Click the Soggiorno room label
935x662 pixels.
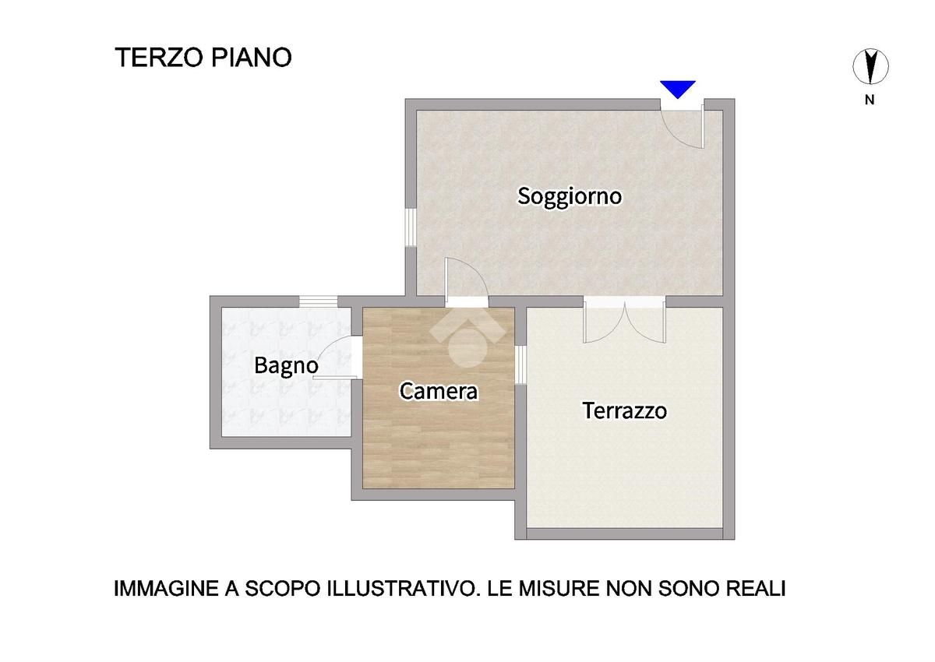[570, 196]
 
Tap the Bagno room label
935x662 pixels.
[287, 366]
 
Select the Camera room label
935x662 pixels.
[438, 391]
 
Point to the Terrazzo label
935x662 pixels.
[624, 410]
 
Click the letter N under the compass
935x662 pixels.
[870, 100]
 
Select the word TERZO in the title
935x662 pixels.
[159, 57]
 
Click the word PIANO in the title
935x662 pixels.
[251, 57]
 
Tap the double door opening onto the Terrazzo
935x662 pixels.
[624, 320]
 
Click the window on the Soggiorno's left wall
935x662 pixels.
[411, 227]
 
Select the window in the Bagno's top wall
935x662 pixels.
[318, 301]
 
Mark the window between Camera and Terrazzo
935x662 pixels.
[520, 365]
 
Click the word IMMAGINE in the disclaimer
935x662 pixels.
[166, 589]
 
